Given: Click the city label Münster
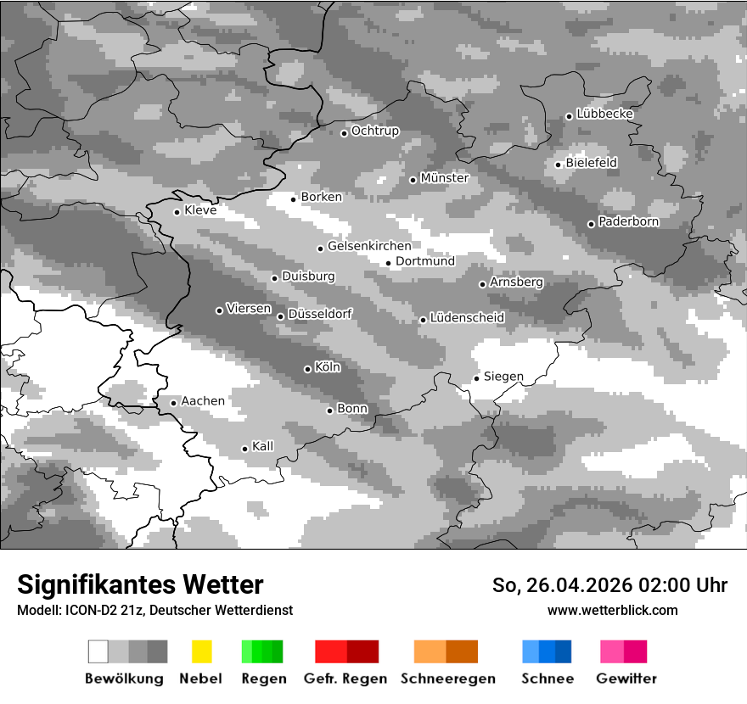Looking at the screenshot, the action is pyautogui.click(x=444, y=178).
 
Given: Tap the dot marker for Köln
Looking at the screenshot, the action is pyautogui.click(x=307, y=369).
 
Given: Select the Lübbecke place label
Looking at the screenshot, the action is pyautogui.click(x=604, y=114).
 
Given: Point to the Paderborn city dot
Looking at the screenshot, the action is pyautogui.click(x=591, y=224).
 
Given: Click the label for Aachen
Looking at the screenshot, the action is pyautogui.click(x=203, y=400).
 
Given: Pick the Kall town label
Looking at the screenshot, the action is pyautogui.click(x=262, y=446).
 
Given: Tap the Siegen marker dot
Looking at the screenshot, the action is pyautogui.click(x=476, y=378).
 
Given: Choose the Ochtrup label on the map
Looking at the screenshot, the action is pyautogui.click(x=374, y=131).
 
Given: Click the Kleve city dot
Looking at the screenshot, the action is pyautogui.click(x=177, y=212).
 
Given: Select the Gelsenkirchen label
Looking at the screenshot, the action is pyautogui.click(x=369, y=246).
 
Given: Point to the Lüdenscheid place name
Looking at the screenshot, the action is pyautogui.click(x=467, y=317).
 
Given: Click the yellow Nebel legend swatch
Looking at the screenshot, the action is pyautogui.click(x=201, y=651).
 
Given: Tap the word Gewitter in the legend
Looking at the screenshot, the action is pyautogui.click(x=626, y=679).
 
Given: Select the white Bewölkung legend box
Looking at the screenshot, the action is pyautogui.click(x=98, y=651).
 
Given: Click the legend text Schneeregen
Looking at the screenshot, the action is pyautogui.click(x=447, y=679).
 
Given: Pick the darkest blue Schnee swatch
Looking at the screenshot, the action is pyautogui.click(x=563, y=651).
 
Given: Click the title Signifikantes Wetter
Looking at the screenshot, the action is pyautogui.click(x=140, y=584).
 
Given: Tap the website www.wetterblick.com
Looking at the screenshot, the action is pyautogui.click(x=612, y=610).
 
